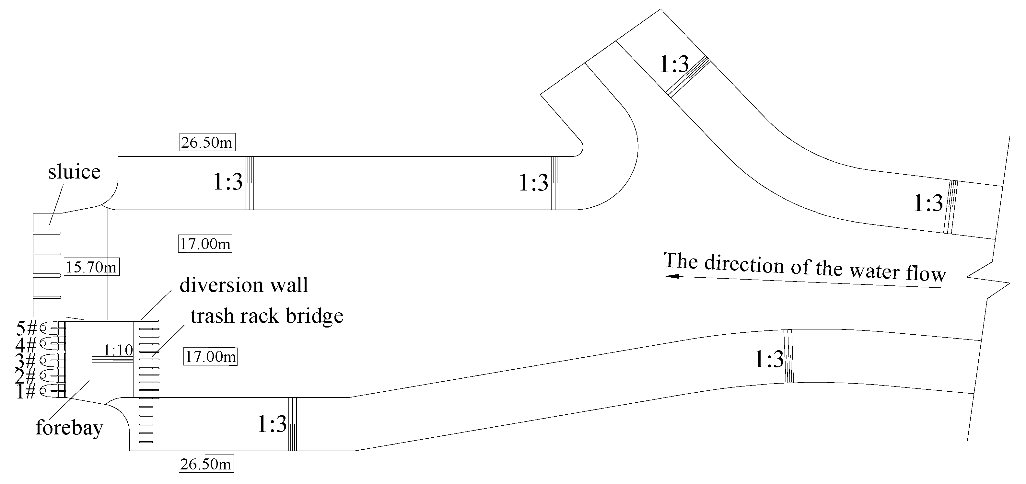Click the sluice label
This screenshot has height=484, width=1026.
74,172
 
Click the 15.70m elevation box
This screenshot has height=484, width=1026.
92,267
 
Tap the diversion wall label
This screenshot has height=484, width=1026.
244,285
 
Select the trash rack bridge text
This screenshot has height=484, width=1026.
267,316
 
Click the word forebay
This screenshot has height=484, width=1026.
69,428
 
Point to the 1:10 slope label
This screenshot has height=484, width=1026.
118,350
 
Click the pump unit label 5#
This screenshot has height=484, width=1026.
26,328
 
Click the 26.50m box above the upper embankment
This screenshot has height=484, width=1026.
207,142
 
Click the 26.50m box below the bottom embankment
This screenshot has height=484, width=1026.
206,464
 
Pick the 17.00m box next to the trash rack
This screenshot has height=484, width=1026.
210,356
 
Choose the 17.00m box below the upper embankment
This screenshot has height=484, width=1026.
205,244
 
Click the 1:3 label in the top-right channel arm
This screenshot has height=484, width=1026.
674,64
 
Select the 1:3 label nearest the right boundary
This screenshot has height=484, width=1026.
928,203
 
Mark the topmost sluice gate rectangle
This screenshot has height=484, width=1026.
47,223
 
